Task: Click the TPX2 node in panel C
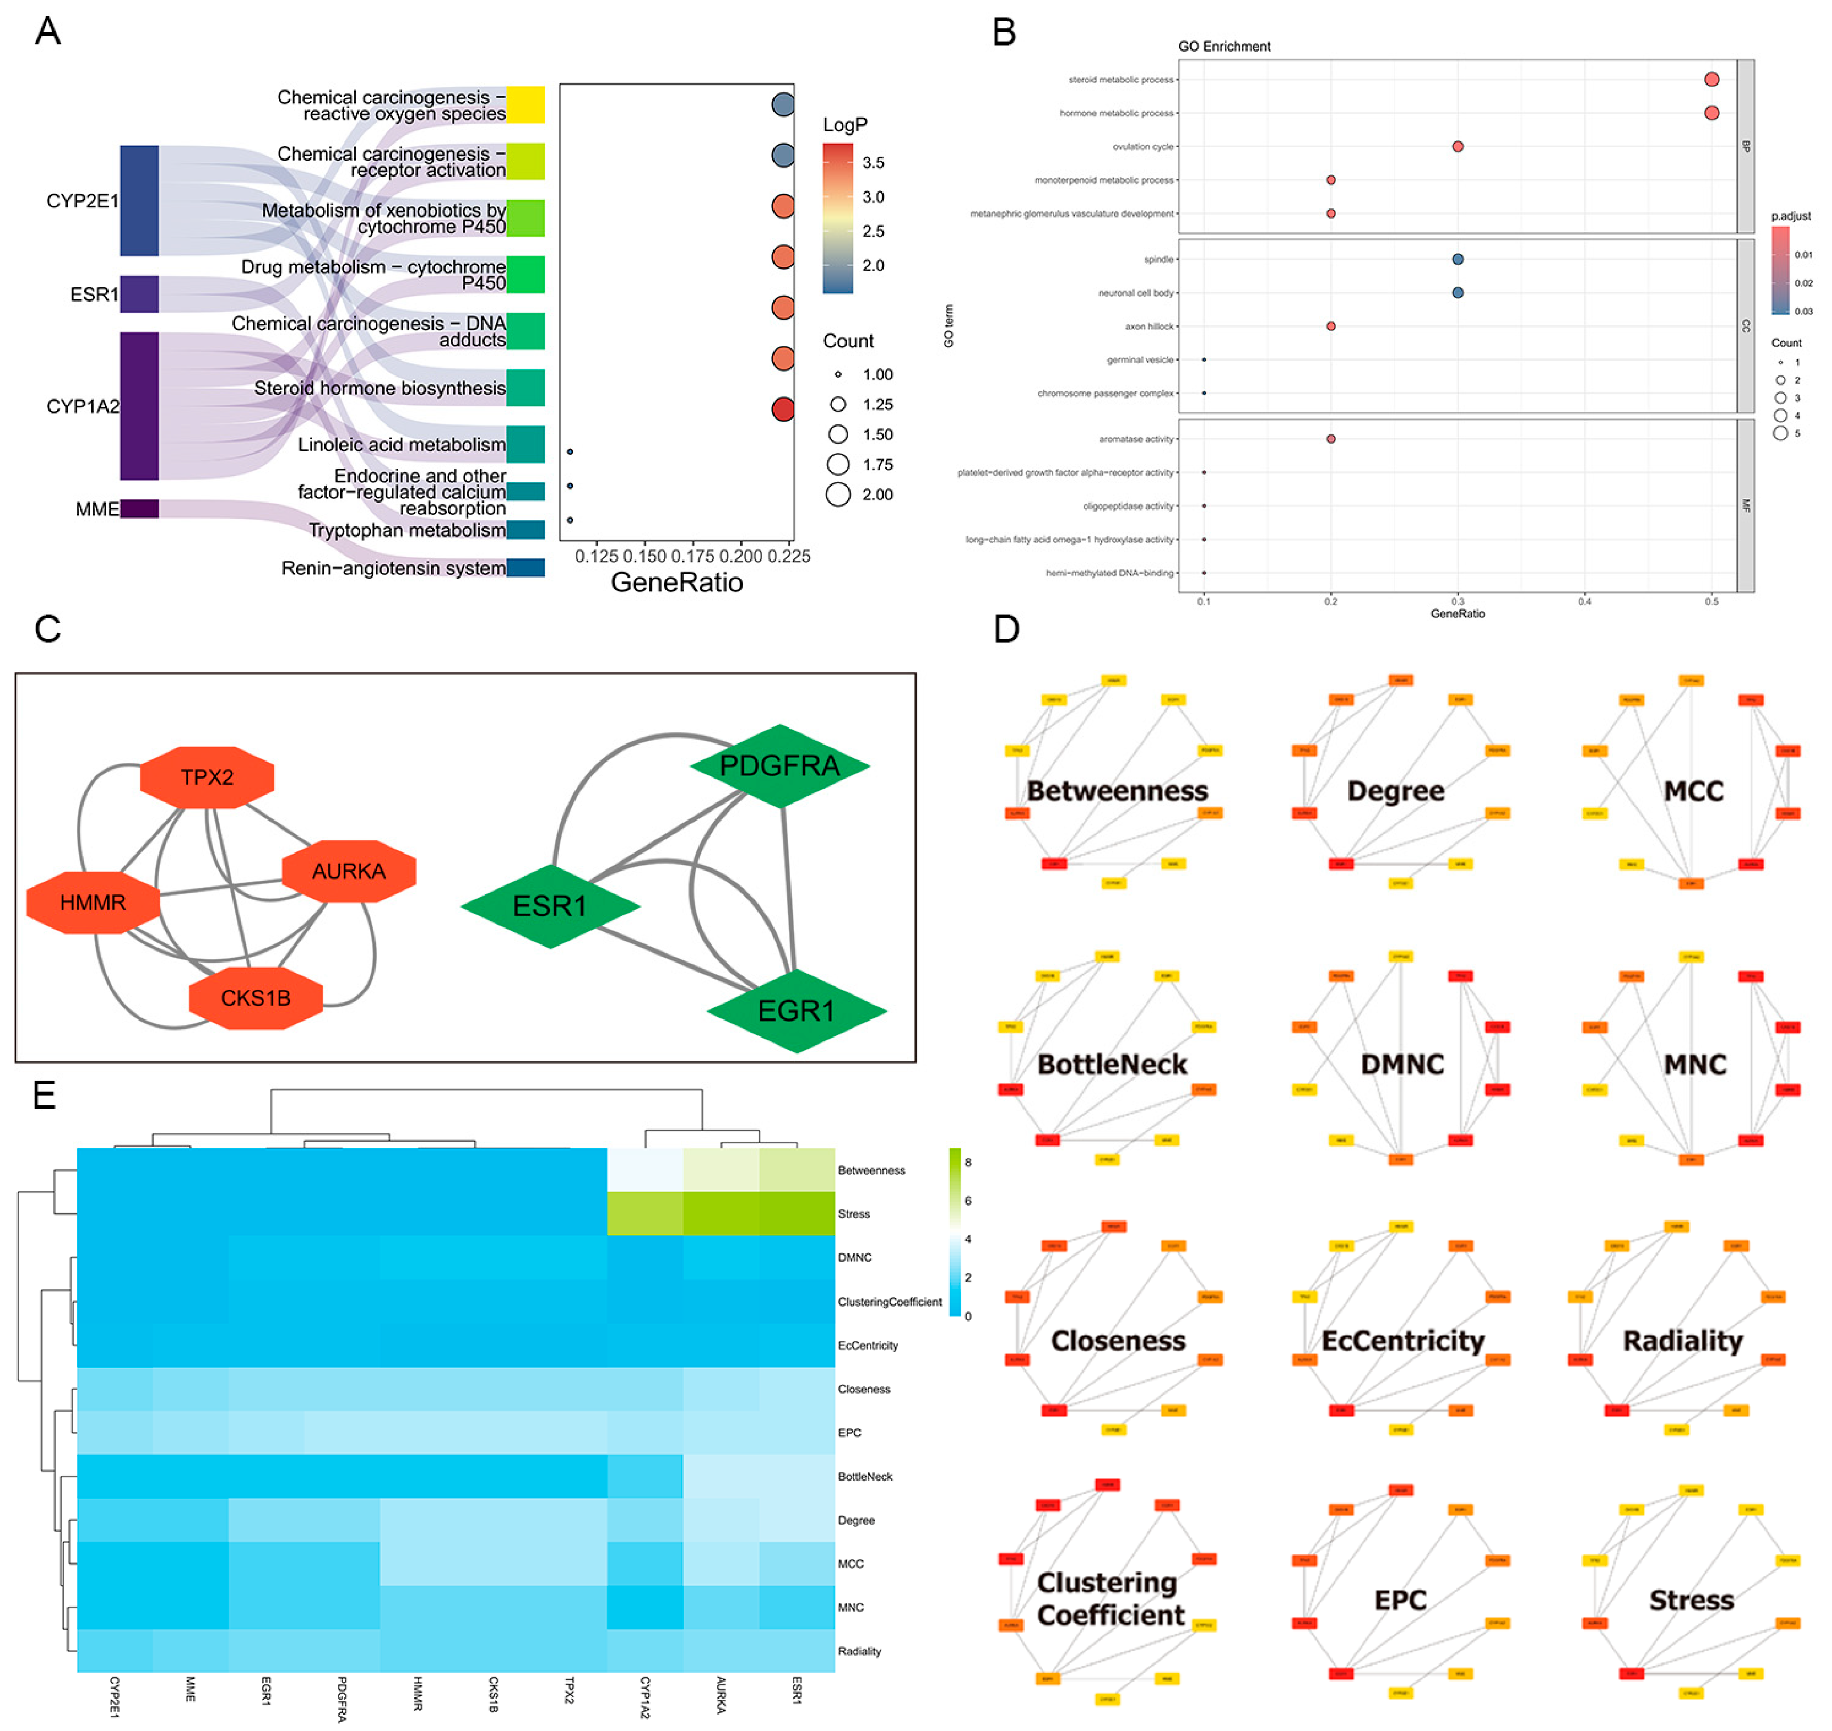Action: coord(207,777)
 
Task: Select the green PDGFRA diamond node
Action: coord(780,766)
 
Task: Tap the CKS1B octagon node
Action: coord(256,998)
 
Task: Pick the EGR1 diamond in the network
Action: coord(796,1010)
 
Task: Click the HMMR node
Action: coord(93,902)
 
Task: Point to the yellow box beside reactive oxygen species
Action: coord(525,104)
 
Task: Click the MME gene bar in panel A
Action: coord(139,508)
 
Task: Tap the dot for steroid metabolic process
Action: coord(1711,79)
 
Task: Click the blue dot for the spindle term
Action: coord(1458,260)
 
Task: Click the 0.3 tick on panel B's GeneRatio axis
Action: coord(1458,601)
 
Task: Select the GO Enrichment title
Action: coord(1224,46)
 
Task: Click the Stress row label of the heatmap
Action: coord(854,1214)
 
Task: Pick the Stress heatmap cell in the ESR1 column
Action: coord(796,1214)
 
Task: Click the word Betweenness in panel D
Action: coord(1117,791)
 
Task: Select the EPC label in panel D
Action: coord(1400,1600)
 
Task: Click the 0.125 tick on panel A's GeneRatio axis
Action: coord(596,556)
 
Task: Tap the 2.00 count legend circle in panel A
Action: coord(838,495)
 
